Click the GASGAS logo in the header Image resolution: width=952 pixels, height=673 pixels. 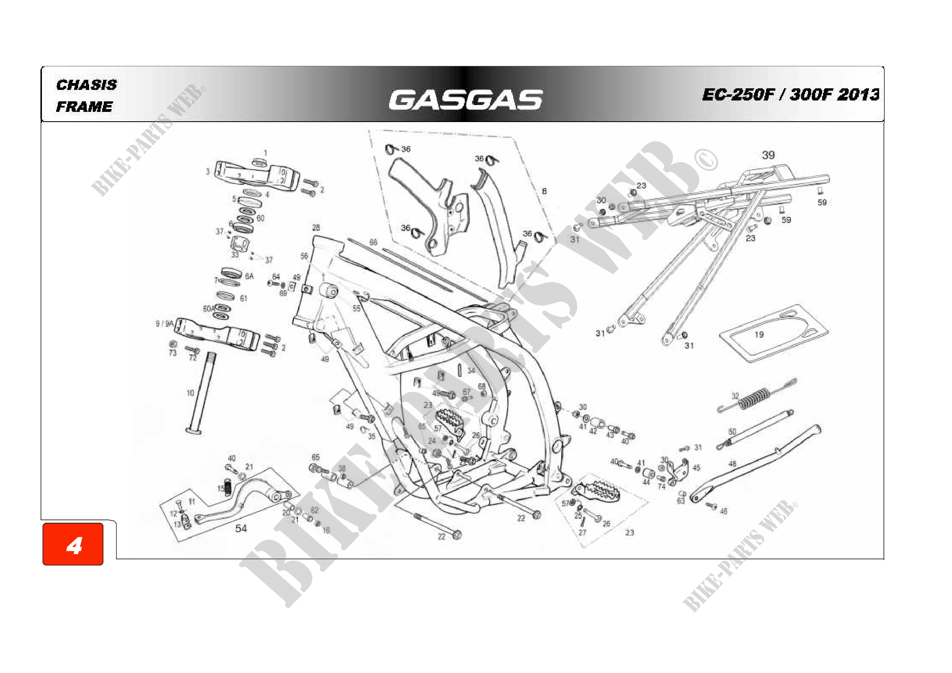pos(465,100)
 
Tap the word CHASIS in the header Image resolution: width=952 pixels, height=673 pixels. pos(86,85)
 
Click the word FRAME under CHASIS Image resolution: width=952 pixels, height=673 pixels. pos(84,107)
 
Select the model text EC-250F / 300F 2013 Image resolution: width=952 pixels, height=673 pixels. pos(790,94)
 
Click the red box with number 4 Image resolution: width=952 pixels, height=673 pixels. pos(73,544)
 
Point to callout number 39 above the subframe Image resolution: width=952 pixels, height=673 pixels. pos(768,155)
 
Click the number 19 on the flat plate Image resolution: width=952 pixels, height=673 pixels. pos(759,335)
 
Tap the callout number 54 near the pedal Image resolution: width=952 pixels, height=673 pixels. pos(241,529)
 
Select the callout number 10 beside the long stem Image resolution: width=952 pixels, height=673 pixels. pos(190,393)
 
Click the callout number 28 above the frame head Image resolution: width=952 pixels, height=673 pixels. pos(316,227)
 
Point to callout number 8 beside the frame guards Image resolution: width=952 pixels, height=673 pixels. pos(544,191)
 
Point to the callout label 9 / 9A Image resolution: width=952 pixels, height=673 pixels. pos(164,323)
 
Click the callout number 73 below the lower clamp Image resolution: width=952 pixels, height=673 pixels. pos(173,353)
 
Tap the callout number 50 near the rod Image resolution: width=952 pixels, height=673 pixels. pos(732,432)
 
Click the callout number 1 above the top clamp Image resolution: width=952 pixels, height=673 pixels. pos(265,153)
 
